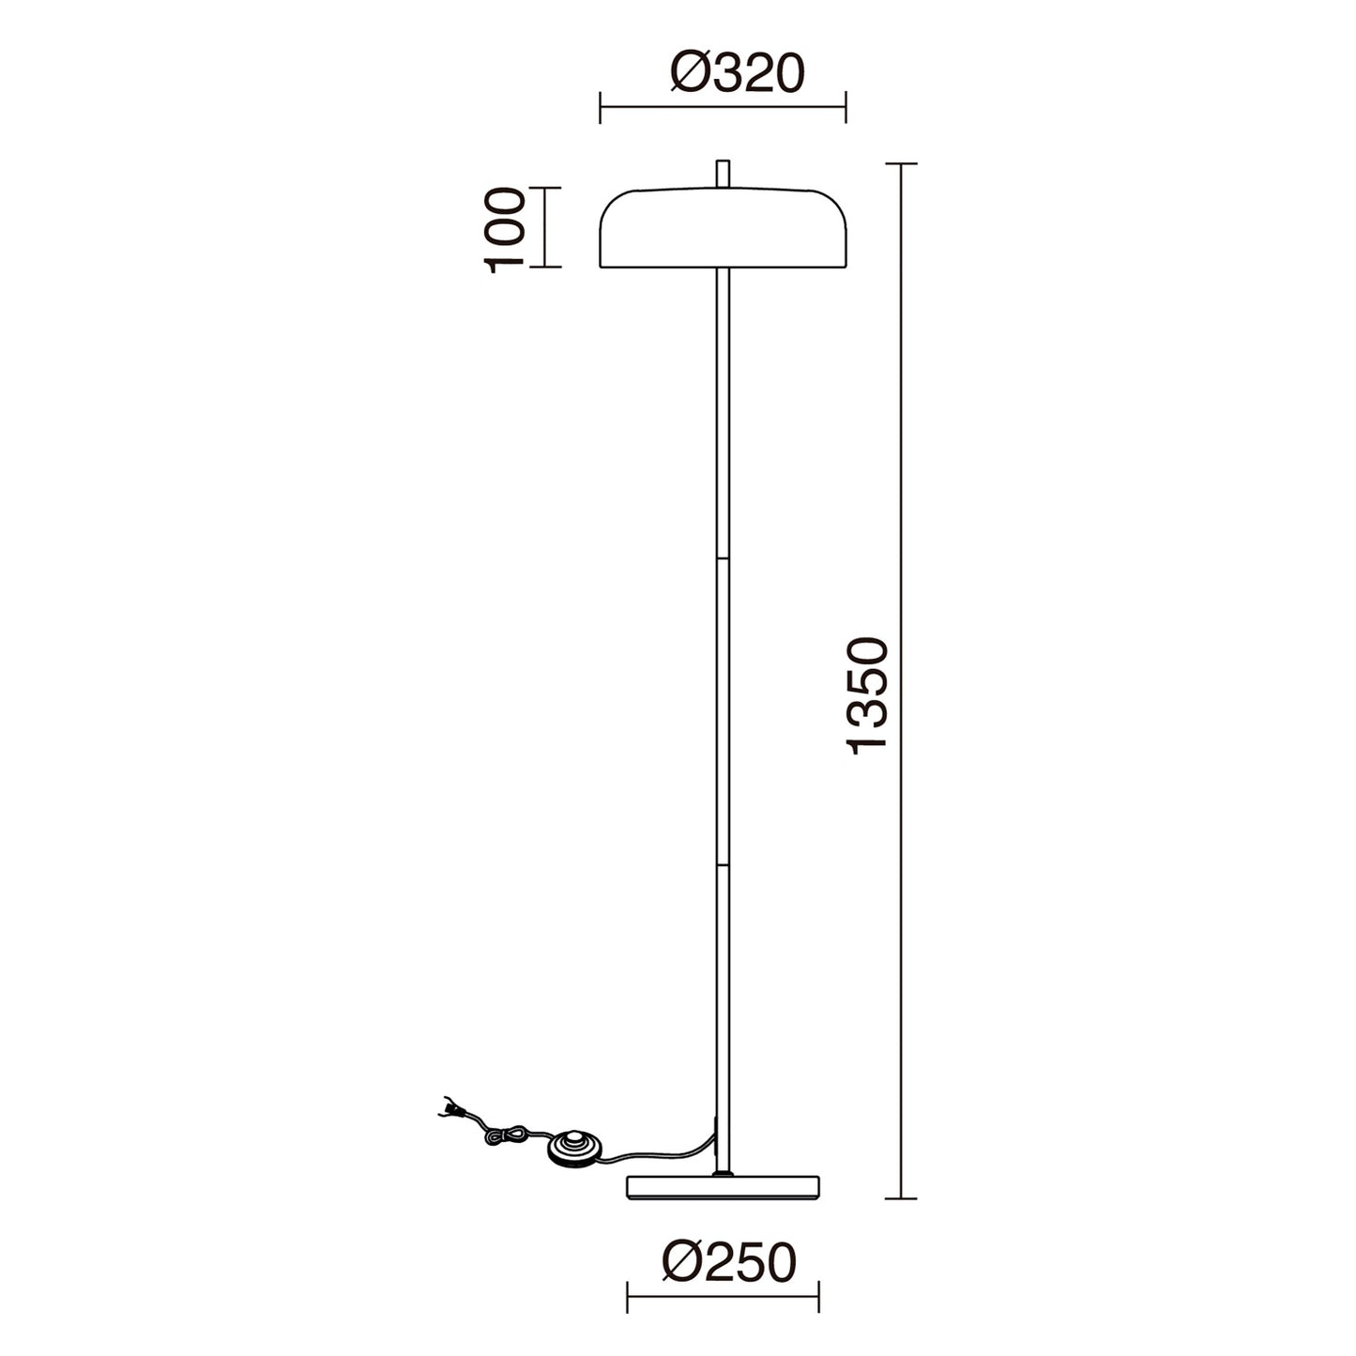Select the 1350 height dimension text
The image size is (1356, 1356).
click(866, 695)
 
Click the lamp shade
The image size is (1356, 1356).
click(723, 229)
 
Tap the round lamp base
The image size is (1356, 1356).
click(724, 1186)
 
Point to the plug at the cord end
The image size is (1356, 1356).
click(449, 1109)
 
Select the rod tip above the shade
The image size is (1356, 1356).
click(723, 174)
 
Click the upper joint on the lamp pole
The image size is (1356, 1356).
click(723, 558)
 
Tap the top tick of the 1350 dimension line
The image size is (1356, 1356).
click(901, 164)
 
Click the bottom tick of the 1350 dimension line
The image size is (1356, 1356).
click(901, 1198)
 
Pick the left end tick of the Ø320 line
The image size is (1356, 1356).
click(601, 107)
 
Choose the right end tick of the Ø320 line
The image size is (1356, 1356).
click(846, 107)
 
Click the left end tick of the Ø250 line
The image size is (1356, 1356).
click(627, 1296)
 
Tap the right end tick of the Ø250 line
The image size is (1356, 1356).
click(819, 1296)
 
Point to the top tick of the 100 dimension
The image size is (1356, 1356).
click(545, 188)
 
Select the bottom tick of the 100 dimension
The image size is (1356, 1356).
click(545, 267)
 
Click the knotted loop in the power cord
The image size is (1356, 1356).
click(507, 1136)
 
